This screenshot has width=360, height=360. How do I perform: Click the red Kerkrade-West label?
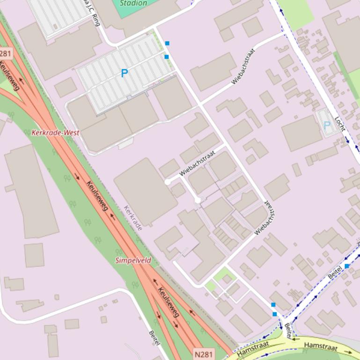click(x=55, y=133)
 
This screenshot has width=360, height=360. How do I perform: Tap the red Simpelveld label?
click(x=133, y=260)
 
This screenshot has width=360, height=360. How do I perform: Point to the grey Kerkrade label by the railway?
click(x=133, y=218)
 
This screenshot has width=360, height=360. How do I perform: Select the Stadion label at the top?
click(x=133, y=3)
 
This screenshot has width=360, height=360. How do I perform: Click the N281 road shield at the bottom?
click(x=203, y=354)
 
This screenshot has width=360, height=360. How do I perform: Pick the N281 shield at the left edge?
click(x=5, y=53)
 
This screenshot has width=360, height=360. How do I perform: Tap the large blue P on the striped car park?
click(x=124, y=73)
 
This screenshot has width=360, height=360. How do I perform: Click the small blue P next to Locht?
click(x=327, y=126)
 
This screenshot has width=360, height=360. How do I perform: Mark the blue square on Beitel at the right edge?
click(x=347, y=266)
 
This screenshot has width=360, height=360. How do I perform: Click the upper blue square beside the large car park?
click(x=167, y=43)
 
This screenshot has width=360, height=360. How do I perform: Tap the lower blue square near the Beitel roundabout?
click(x=275, y=314)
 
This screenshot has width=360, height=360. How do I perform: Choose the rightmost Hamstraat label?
click(x=321, y=347)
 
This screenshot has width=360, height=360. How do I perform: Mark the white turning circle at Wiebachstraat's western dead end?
click(x=168, y=182)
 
